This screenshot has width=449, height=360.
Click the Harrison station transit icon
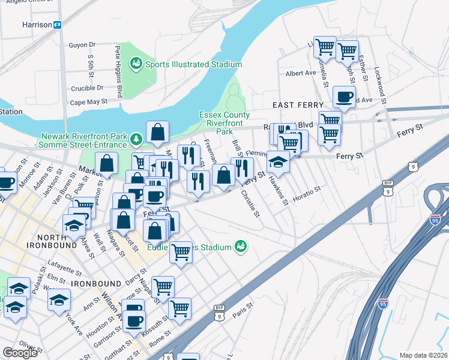click(x=58, y=25)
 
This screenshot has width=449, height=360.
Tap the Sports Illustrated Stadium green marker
click(x=136, y=64)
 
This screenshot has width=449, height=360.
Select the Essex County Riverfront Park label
click(x=224, y=123)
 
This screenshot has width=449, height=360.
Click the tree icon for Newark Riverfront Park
click(x=137, y=140)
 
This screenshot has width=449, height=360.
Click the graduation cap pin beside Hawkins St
click(x=279, y=161)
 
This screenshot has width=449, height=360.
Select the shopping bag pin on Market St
click(x=106, y=164)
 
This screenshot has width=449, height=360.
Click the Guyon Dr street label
click(x=82, y=45)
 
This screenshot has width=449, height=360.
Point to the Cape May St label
click(x=88, y=102)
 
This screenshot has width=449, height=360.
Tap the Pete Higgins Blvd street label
click(x=119, y=71)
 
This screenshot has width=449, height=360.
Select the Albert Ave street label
click(x=301, y=73)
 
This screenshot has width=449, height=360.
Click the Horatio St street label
click(x=307, y=193)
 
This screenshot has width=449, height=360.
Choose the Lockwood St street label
click(x=378, y=70)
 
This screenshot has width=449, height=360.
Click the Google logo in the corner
click(x=20, y=353)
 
